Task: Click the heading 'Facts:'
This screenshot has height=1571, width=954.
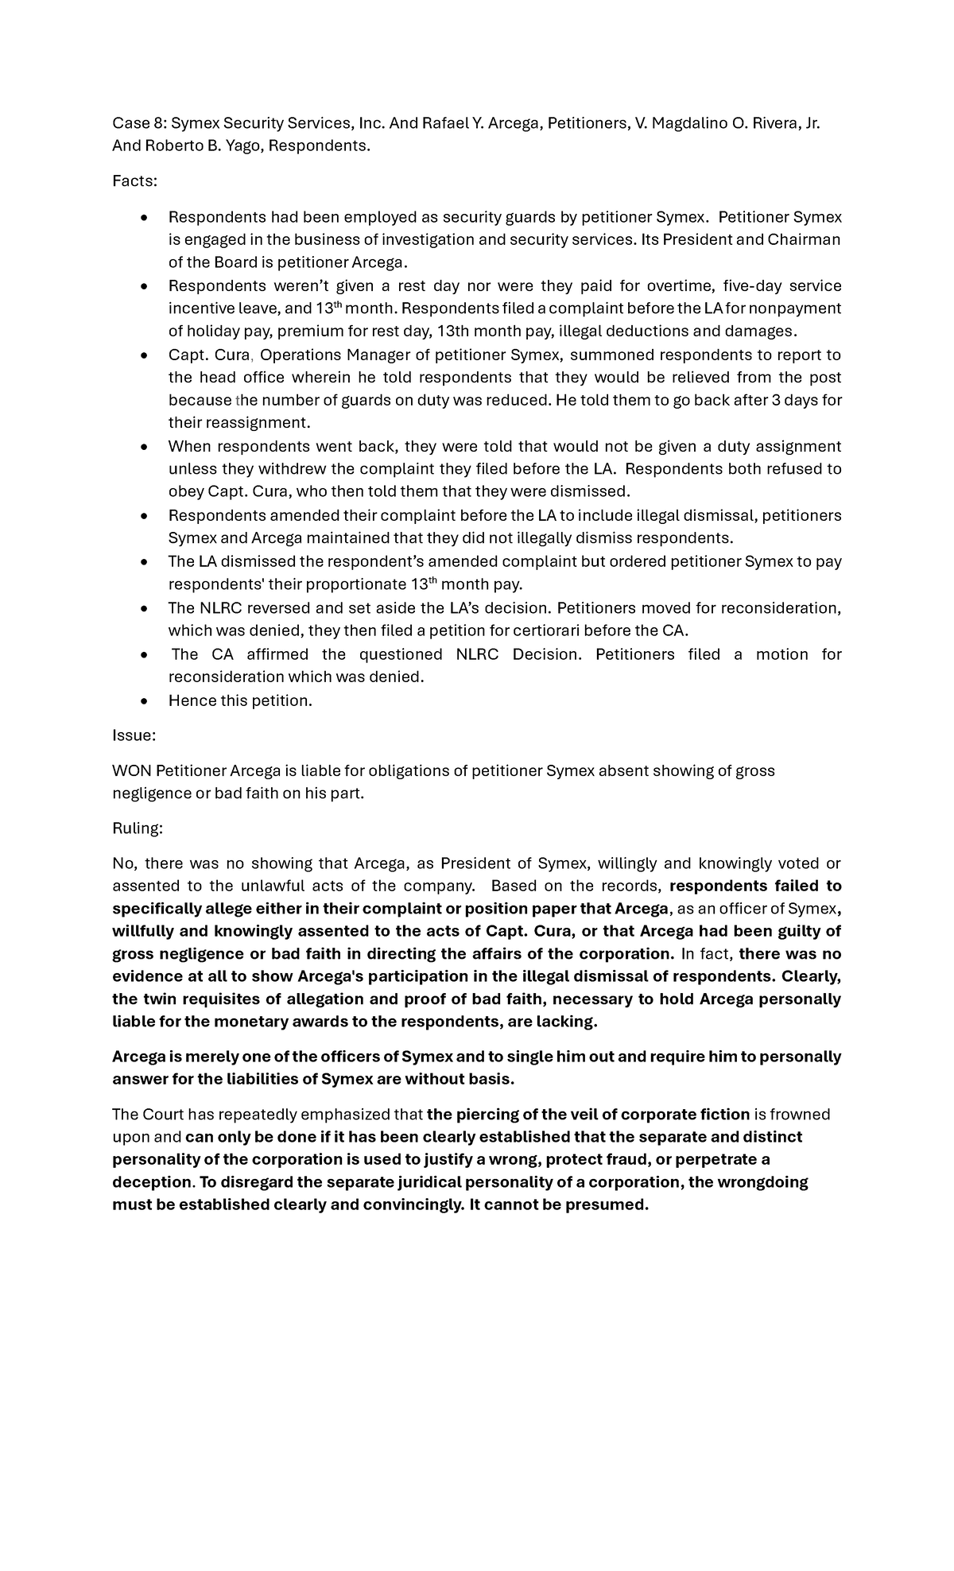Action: click(134, 181)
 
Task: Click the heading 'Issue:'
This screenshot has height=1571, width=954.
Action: click(134, 735)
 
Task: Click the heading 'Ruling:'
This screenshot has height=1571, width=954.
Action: click(137, 828)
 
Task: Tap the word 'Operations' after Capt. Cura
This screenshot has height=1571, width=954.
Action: click(301, 355)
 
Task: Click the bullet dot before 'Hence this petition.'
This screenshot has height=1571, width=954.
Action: click(143, 701)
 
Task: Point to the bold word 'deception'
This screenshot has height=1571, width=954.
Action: click(151, 1181)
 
